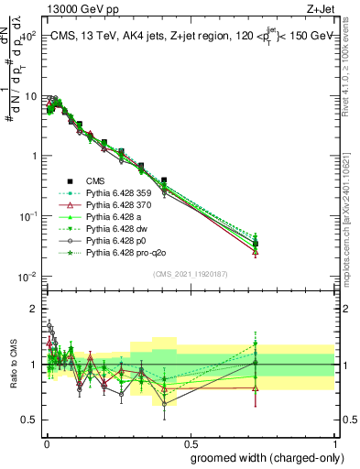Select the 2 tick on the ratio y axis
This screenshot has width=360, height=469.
click(32, 309)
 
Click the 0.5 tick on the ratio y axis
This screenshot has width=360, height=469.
click(28, 420)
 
